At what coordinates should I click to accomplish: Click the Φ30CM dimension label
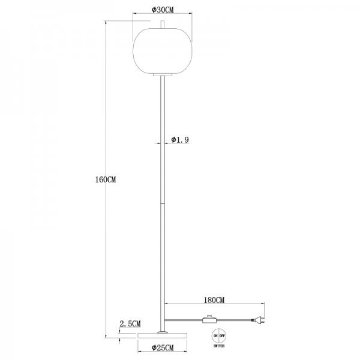[163, 10]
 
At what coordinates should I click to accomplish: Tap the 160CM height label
[106, 179]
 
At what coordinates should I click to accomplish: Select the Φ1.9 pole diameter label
[180, 140]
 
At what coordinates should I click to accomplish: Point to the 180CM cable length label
[214, 300]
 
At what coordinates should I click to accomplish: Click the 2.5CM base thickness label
[130, 324]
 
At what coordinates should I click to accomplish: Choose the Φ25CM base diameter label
[163, 348]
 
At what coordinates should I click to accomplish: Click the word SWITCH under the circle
[219, 346]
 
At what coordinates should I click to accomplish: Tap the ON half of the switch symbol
[215, 335]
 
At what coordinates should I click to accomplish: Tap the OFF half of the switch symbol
[222, 335]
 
